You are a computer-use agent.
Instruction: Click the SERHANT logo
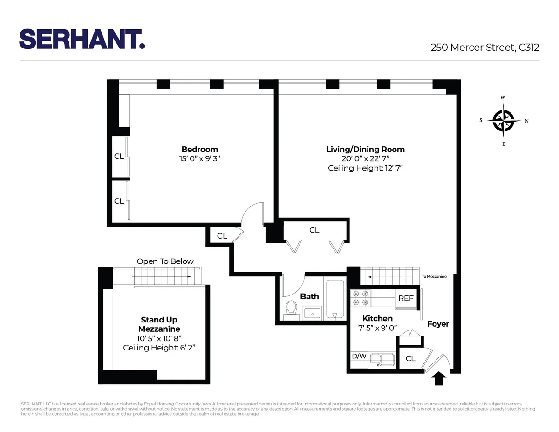tap(82, 39)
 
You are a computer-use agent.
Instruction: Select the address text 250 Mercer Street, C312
tap(484, 47)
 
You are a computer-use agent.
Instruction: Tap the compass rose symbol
tap(504, 121)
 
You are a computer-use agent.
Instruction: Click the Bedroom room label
tap(200, 150)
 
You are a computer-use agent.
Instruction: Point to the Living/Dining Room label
tap(365, 150)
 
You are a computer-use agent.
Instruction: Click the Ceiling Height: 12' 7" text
tap(365, 168)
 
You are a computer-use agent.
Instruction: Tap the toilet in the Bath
tap(292, 309)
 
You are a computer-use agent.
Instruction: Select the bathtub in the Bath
tap(334, 299)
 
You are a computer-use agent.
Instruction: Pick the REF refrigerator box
tap(406, 298)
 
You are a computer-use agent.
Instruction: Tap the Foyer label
tap(438, 324)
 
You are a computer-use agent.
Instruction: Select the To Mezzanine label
tap(434, 276)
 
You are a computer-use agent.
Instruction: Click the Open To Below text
tap(165, 261)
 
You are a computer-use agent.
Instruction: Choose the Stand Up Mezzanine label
tap(159, 324)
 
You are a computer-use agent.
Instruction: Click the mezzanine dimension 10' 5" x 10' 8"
tap(159, 339)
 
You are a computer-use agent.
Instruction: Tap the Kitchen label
tap(377, 318)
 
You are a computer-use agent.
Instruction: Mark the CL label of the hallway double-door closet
tap(314, 230)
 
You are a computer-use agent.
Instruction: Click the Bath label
tap(309, 296)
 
